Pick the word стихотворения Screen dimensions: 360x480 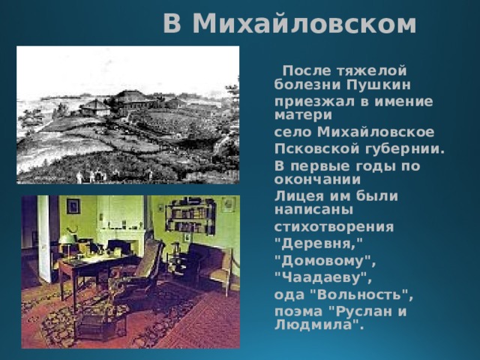pyautogui.click(x=325, y=226)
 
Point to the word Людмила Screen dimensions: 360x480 pyautogui.click(x=316, y=325)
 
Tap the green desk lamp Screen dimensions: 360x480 pyautogui.click(x=67, y=238)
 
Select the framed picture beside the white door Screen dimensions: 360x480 pyautogui.click(x=73, y=206)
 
